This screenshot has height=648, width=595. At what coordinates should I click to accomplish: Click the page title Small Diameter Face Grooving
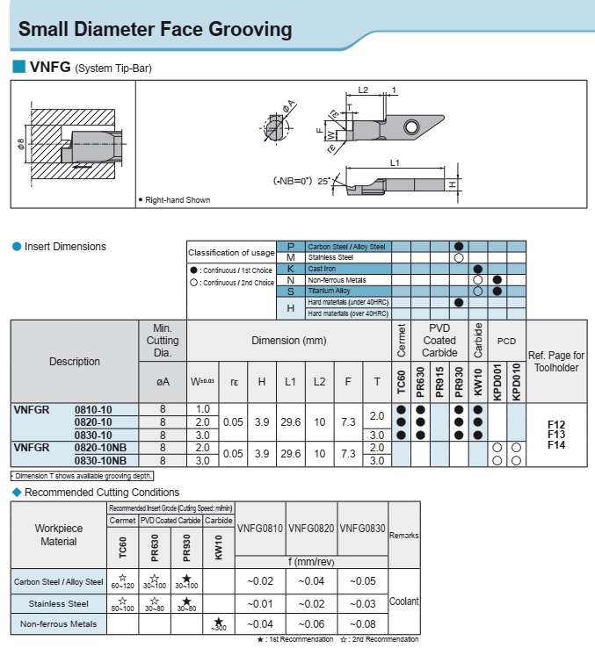(x=155, y=30)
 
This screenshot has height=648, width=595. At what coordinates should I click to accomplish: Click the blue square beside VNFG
(x=18, y=67)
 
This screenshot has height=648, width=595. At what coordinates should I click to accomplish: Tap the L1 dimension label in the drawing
(x=395, y=163)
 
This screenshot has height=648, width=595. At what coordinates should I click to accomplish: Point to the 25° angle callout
(x=323, y=181)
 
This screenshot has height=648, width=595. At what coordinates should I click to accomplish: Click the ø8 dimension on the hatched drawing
(x=21, y=143)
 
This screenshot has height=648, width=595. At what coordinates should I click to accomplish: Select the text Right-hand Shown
(x=177, y=200)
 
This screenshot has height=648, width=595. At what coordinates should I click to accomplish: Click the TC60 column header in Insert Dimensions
(x=401, y=382)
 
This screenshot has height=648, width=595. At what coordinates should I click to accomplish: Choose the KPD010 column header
(x=516, y=382)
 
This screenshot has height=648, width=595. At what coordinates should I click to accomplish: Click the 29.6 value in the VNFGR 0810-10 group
(x=290, y=422)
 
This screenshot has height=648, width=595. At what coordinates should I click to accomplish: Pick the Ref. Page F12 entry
(x=555, y=423)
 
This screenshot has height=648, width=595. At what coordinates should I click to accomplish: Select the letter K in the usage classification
(x=290, y=269)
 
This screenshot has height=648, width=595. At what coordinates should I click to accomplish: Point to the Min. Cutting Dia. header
(x=163, y=339)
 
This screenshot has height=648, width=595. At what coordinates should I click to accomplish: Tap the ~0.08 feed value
(x=362, y=624)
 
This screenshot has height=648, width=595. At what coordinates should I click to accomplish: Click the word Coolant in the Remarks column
(x=404, y=601)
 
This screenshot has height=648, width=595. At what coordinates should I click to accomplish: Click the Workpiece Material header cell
(x=59, y=535)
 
